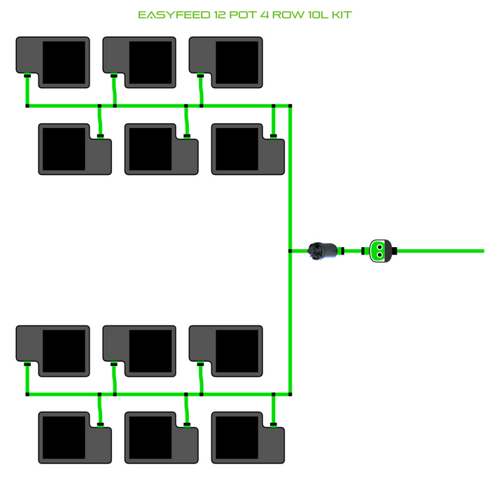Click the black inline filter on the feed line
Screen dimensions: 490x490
tap(323, 251)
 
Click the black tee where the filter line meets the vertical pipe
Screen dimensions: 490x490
tap(290, 251)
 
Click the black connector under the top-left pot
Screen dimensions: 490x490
tap(27, 75)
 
